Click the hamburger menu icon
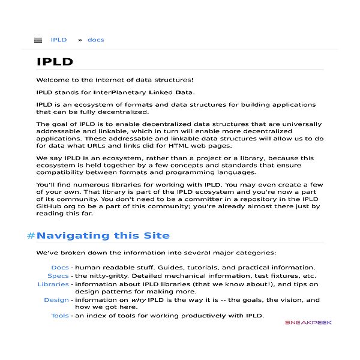point(38,40)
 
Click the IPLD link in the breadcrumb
point(59,40)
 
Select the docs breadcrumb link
point(95,40)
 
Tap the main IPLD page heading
point(55,62)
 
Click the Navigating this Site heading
point(103,236)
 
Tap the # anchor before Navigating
point(31,236)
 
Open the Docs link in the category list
point(60,268)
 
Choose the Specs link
point(58,276)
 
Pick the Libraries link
point(53,284)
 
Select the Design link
point(56,300)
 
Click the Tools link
point(60,316)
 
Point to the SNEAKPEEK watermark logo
point(308,322)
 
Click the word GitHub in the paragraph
point(50,206)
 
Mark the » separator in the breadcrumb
point(80,40)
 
